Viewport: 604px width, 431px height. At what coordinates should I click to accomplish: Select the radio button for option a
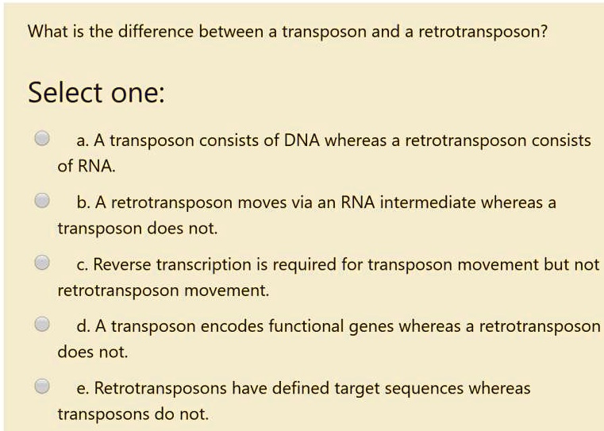coord(43,138)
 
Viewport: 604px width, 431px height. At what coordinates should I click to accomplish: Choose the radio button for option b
coord(43,200)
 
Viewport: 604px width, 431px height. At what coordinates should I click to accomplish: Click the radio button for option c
coord(43,262)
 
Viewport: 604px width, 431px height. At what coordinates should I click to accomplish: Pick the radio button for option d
coord(43,324)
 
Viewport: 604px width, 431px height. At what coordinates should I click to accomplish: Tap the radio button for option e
coord(43,386)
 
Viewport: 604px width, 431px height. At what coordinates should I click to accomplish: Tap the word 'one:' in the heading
coord(138,93)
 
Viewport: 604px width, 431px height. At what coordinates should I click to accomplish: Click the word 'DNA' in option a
coord(302,140)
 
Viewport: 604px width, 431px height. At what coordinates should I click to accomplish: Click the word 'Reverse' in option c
coord(123,264)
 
